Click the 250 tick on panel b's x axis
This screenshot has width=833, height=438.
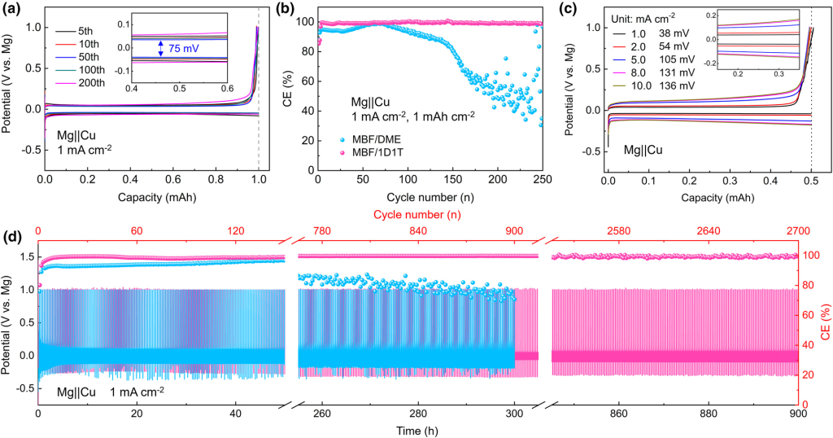click(541, 180)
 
